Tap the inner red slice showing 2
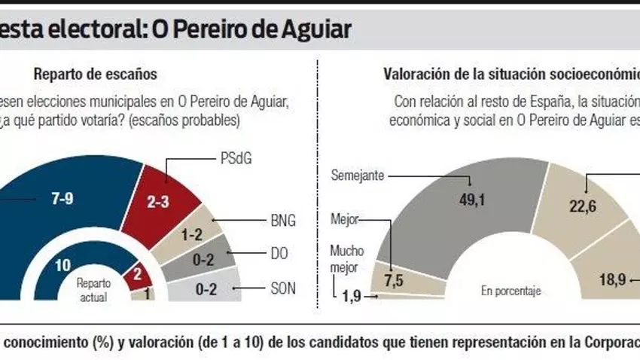coord(136,274)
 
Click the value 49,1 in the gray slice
coord(471,200)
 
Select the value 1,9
coord(351,295)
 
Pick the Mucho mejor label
coord(347,258)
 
